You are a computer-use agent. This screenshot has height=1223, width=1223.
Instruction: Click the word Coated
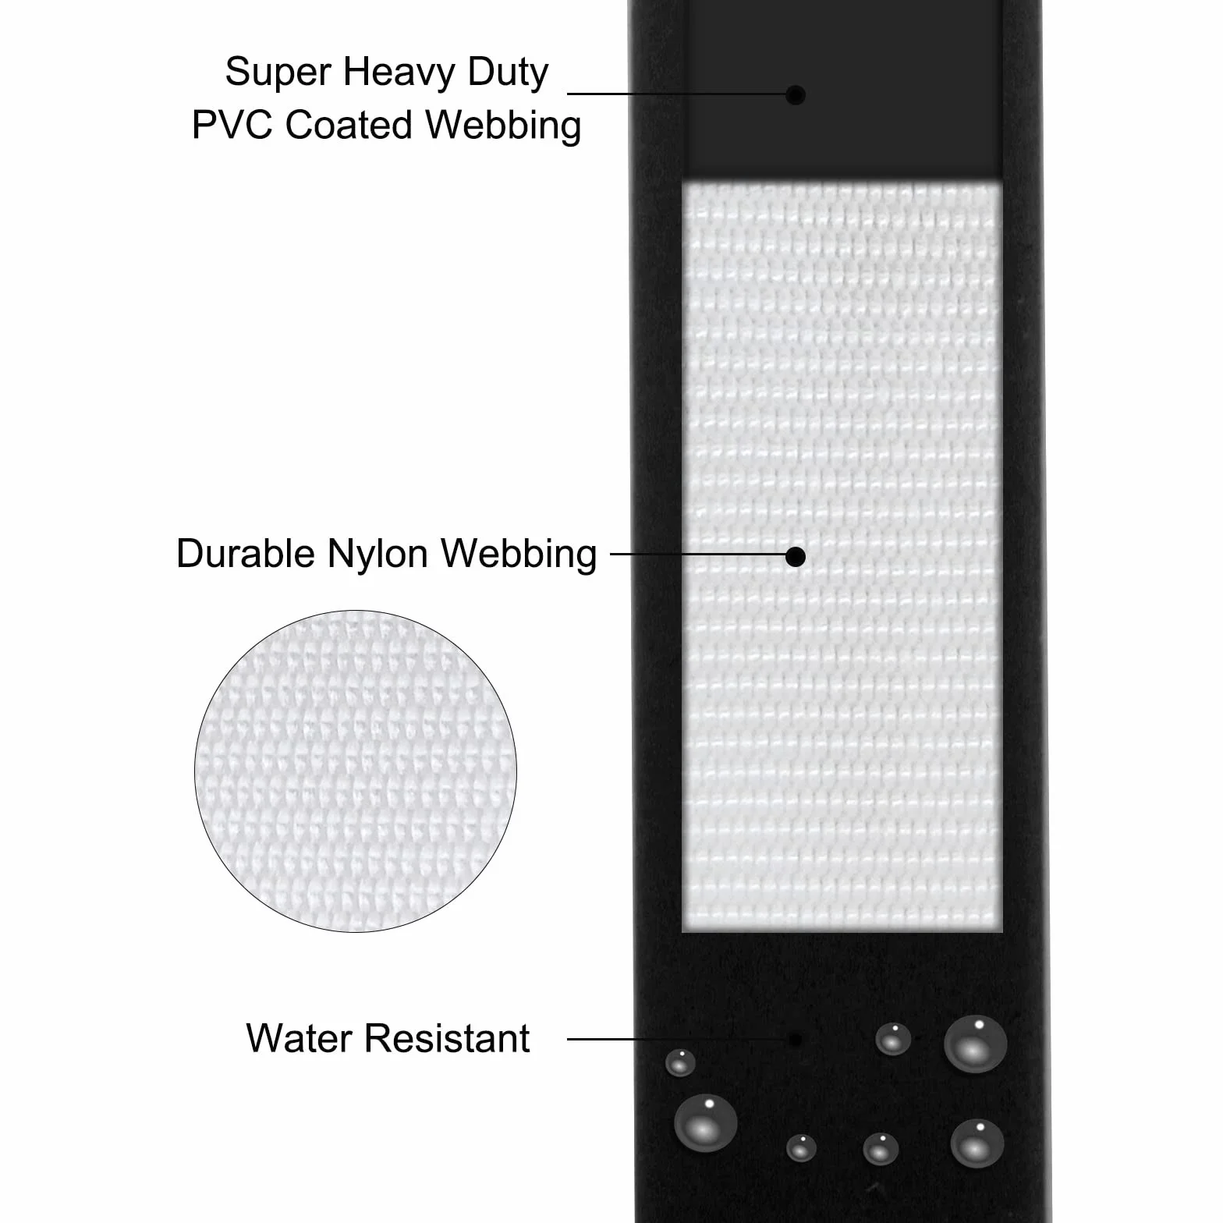(349, 125)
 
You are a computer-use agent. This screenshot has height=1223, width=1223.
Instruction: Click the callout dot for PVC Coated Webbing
(795, 95)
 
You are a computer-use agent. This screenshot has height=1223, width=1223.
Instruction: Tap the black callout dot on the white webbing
(795, 556)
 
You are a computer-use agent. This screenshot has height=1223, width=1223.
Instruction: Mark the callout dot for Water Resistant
(795, 1040)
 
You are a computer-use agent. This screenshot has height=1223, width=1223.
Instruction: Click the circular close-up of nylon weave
(356, 771)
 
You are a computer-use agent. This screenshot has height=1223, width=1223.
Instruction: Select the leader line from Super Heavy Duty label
(676, 94)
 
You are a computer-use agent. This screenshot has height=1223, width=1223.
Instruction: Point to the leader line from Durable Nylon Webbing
(698, 555)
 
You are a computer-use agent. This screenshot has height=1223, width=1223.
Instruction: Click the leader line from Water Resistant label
(677, 1039)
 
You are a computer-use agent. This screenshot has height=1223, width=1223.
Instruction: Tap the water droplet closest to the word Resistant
(680, 1062)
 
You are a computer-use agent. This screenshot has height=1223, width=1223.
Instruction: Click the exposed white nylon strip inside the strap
(842, 558)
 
